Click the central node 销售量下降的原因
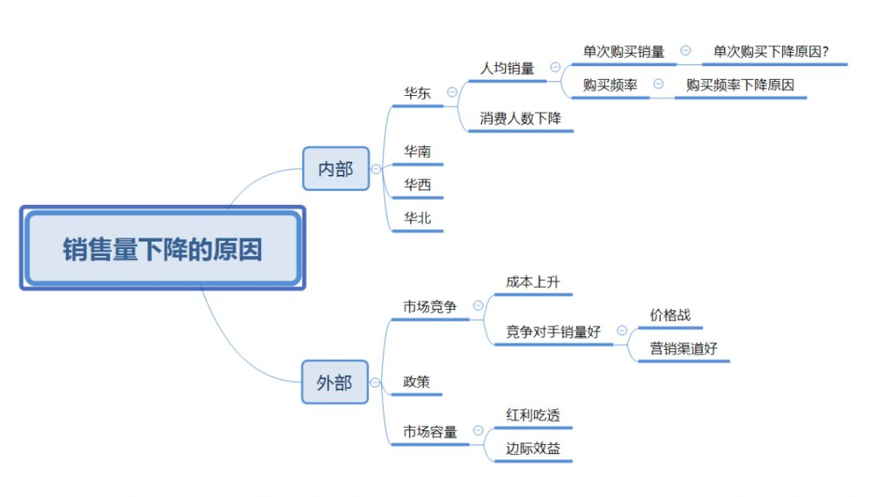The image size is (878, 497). [x=163, y=249]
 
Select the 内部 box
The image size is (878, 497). [x=336, y=168]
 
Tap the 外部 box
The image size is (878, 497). [x=335, y=381]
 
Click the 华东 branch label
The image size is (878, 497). [x=418, y=93]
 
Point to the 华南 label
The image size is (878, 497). [x=418, y=151]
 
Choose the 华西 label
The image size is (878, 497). [x=418, y=185]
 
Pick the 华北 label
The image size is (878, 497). [x=418, y=217]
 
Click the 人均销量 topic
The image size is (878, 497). [x=507, y=68]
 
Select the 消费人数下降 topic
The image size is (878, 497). [x=520, y=118]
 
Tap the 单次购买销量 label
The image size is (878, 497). [x=624, y=51]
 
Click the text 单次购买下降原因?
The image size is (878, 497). [x=771, y=51]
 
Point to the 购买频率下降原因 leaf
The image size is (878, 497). [x=740, y=85]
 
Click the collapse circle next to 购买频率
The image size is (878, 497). [x=658, y=84]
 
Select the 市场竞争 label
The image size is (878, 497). [x=430, y=307]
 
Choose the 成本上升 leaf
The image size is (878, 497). [x=532, y=281]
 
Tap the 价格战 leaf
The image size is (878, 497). [x=670, y=315]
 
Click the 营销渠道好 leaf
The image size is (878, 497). [x=684, y=348]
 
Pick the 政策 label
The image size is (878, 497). [x=417, y=381]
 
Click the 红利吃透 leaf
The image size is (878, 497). [x=532, y=415]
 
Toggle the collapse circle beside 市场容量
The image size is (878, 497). [x=478, y=431]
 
